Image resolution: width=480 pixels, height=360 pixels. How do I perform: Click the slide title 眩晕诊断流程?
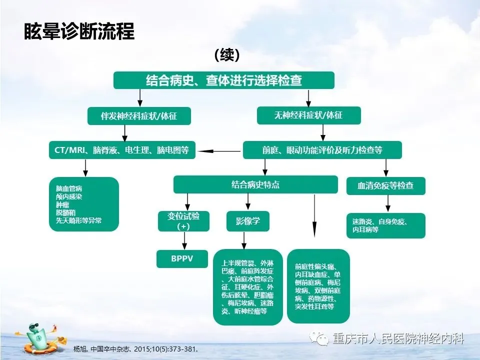[x=79, y=31]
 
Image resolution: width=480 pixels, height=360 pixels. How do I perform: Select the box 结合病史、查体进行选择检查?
[x=223, y=80]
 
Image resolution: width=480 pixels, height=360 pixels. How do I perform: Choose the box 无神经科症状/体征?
[x=308, y=115]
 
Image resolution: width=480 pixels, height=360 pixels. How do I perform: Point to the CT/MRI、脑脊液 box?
[x=122, y=150]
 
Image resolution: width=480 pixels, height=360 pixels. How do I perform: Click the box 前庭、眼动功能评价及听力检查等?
[x=322, y=150]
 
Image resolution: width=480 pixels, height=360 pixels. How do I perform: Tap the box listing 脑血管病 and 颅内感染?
[x=84, y=204]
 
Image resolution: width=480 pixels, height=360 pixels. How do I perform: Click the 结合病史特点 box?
[x=255, y=184]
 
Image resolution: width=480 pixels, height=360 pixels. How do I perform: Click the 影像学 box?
[x=248, y=221]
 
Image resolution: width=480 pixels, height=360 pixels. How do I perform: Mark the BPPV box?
[x=182, y=259]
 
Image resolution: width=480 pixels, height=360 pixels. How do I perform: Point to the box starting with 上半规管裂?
[x=248, y=287]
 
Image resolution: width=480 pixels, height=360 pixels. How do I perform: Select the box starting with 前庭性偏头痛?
[x=318, y=285]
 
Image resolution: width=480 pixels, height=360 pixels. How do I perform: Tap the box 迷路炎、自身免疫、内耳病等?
[x=385, y=225]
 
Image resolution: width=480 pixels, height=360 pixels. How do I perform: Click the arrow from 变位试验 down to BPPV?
[x=184, y=240]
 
